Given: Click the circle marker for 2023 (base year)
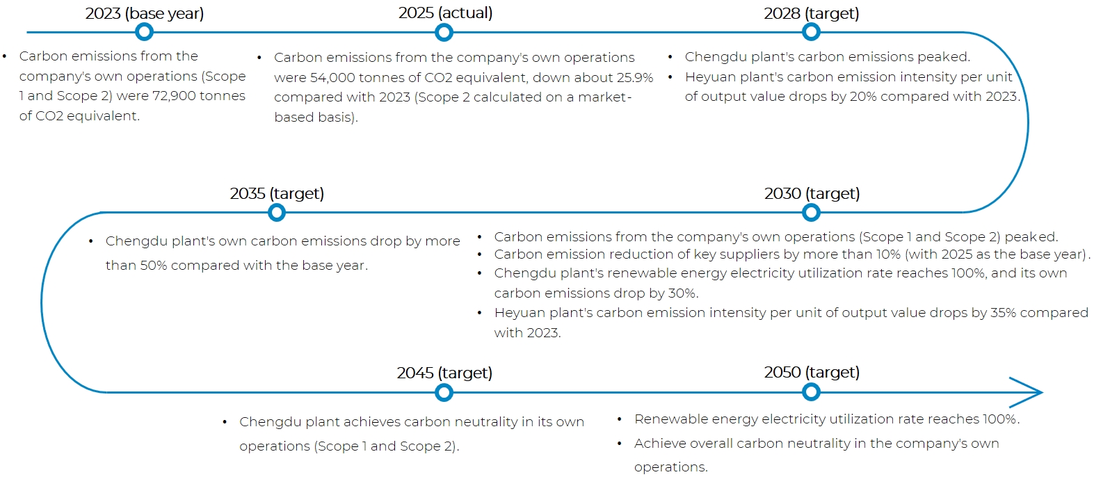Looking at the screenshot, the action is (144, 32).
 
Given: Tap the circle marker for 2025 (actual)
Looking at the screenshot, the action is (444, 33).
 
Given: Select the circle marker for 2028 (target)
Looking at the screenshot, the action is (811, 32).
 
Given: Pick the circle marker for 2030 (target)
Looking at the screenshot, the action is (811, 212).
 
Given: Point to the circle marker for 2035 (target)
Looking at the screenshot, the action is (276, 212).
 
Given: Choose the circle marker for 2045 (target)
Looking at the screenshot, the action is (444, 393).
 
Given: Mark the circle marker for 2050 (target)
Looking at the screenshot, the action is (811, 392).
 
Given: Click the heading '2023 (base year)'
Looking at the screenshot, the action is (145, 13).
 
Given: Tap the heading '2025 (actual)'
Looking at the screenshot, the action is (445, 13).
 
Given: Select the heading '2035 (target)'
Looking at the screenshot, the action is (277, 193).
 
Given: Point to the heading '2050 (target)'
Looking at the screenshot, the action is (812, 372).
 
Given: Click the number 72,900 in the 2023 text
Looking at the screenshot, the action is (175, 96).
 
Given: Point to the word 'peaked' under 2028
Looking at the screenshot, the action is (942, 57).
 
